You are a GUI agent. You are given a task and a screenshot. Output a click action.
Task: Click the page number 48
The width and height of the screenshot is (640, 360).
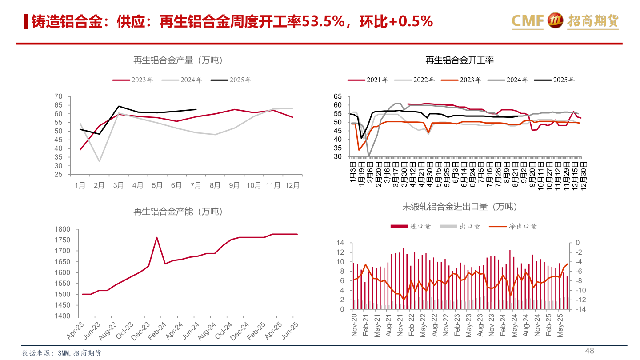tap(589, 351)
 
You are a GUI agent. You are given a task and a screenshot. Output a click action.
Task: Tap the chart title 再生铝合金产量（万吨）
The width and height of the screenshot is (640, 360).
tap(178, 60)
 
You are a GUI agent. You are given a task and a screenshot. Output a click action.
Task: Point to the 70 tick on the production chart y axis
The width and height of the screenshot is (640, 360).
tap(58, 96)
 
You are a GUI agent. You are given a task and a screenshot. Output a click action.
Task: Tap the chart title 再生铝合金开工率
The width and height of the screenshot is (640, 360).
tap(460, 60)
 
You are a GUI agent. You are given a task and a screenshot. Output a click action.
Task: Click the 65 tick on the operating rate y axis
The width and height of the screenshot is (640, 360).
tap(337, 96)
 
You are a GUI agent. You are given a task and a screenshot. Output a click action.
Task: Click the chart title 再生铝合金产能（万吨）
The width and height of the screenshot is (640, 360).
tap(178, 212)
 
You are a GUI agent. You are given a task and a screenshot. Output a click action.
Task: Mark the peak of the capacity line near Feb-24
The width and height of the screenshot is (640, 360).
tap(156, 237)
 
